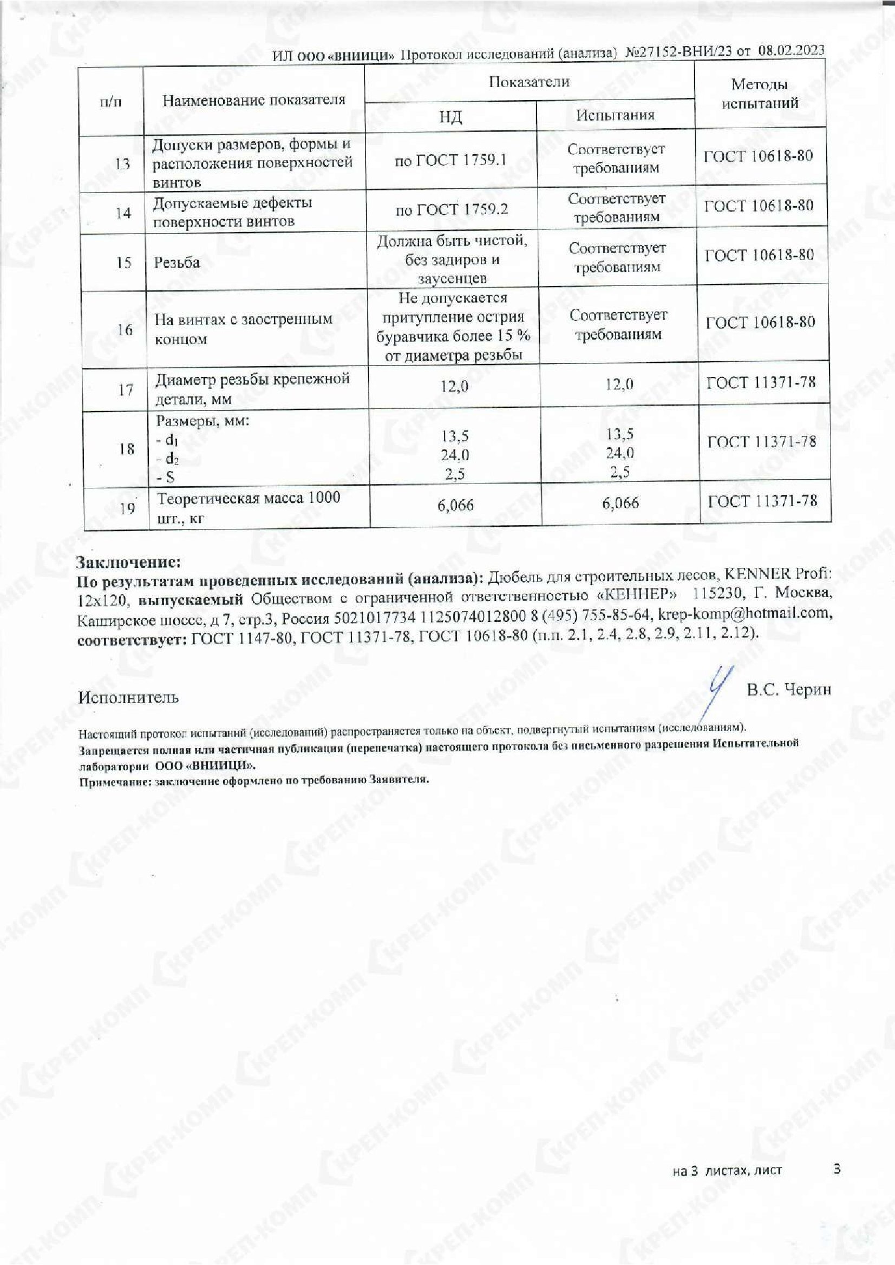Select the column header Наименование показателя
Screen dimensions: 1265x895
tap(254, 100)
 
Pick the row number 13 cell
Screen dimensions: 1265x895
tap(122, 164)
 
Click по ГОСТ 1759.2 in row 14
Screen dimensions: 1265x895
tap(452, 209)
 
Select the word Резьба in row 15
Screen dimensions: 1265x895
tap(177, 262)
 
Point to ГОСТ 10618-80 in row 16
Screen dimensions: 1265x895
tap(760, 322)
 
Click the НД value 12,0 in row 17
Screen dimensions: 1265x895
tap(454, 386)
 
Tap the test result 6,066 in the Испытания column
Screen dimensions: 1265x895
tap(620, 503)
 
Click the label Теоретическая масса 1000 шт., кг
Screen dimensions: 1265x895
tap(248, 507)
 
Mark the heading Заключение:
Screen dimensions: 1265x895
tap(128, 562)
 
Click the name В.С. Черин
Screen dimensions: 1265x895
tap(788, 689)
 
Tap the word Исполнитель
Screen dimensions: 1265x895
tap(128, 698)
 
